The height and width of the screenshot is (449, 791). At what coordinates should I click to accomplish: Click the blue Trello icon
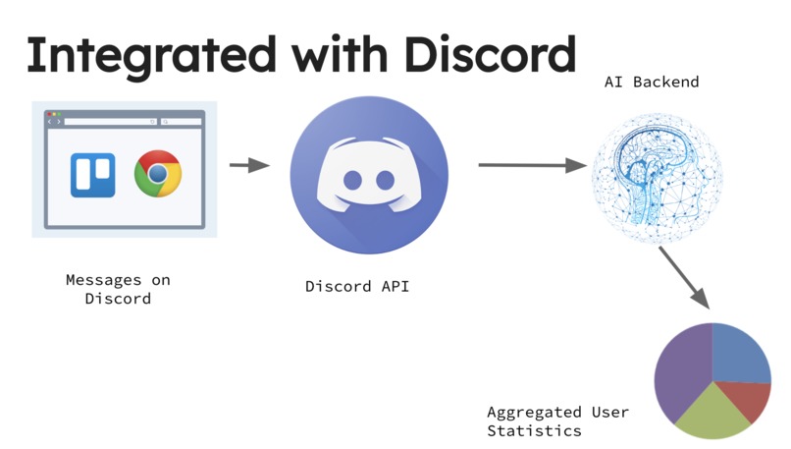(x=92, y=175)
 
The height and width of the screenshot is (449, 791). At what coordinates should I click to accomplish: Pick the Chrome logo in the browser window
(x=158, y=173)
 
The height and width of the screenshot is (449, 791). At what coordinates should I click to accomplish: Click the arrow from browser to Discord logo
(x=249, y=165)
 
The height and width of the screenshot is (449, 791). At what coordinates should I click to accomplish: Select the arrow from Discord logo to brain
(x=532, y=165)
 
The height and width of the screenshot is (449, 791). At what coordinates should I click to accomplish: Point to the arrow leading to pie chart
(x=684, y=277)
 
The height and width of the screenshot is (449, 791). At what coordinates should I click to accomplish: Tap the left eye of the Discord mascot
(x=352, y=181)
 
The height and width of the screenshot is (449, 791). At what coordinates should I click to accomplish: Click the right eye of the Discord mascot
(x=386, y=181)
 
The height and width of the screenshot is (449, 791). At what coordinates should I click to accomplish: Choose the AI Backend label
(x=652, y=82)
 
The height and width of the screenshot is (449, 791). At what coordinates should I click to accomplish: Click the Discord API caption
(x=357, y=286)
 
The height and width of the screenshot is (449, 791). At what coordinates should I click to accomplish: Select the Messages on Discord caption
(x=118, y=289)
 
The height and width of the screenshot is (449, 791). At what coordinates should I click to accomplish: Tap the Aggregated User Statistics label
(x=558, y=421)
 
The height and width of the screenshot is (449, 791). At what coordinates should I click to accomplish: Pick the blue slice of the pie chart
(x=739, y=354)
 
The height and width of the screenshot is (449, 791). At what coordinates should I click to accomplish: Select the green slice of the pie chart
(x=712, y=415)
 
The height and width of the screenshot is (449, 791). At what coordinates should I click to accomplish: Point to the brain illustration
(x=657, y=178)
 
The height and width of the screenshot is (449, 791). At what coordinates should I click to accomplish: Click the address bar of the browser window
(x=111, y=122)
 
